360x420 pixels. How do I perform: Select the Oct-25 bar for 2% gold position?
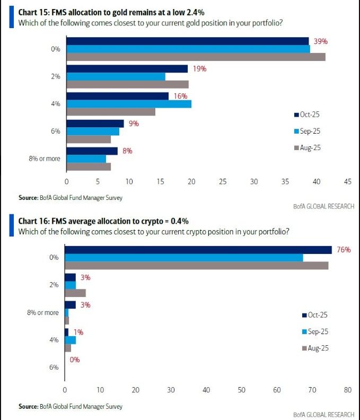(x=127, y=69)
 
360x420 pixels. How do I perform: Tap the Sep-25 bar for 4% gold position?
(x=129, y=104)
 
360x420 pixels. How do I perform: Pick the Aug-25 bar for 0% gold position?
(x=196, y=57)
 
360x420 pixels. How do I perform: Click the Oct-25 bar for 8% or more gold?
(x=92, y=151)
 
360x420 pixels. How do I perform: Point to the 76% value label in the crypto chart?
(x=343, y=250)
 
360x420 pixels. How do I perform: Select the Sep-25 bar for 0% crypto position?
(x=183, y=258)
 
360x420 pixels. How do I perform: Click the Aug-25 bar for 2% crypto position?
(x=75, y=293)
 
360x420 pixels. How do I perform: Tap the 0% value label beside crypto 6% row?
(x=74, y=360)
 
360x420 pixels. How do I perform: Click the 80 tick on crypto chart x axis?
(x=347, y=390)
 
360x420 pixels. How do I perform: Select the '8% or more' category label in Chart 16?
(x=43, y=312)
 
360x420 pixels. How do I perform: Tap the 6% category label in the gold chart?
(x=55, y=131)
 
